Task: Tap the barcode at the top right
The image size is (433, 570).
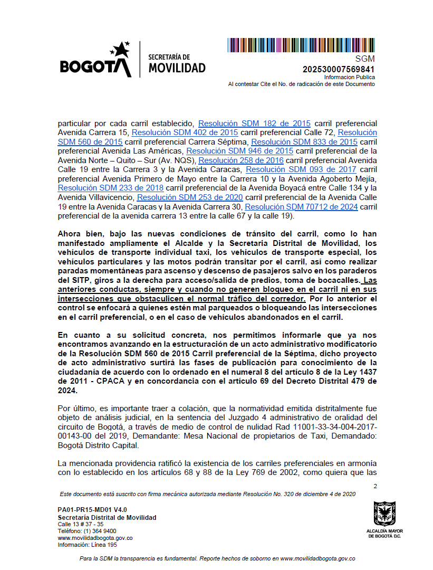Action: [301, 45]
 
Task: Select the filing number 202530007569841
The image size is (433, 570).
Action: [339, 69]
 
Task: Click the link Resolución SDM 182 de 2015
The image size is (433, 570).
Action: [254, 122]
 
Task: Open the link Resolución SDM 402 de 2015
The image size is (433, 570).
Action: [185, 132]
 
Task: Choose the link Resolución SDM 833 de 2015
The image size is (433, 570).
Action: [304, 141]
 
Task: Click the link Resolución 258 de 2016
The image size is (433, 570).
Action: [242, 160]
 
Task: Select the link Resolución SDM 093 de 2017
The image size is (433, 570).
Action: [301, 169]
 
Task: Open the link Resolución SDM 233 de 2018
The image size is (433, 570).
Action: [111, 188]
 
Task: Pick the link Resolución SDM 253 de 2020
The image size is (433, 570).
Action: [189, 197]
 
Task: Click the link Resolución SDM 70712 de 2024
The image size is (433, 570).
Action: [301, 207]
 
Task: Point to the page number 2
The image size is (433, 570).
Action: [375, 486]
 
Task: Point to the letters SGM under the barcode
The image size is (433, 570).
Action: [365, 59]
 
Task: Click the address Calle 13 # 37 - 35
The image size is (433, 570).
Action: [80, 524]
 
